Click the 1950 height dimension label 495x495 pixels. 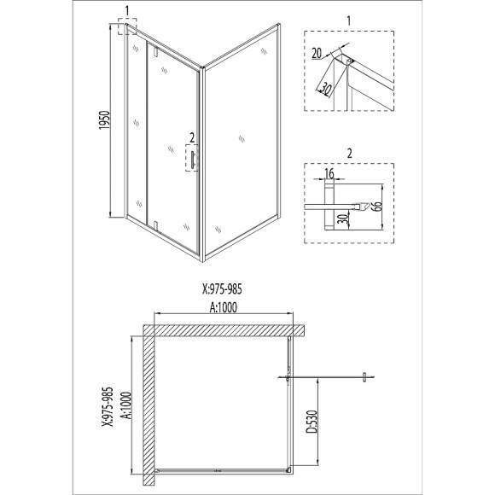(x=104, y=120)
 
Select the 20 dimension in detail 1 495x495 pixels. (x=317, y=54)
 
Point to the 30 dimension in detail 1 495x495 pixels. (x=325, y=88)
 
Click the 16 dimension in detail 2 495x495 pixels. (x=329, y=173)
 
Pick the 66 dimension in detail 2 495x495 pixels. (x=377, y=207)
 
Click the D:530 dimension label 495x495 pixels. (x=312, y=422)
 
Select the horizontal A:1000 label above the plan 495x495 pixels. (x=223, y=307)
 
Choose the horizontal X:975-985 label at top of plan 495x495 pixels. (x=222, y=288)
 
